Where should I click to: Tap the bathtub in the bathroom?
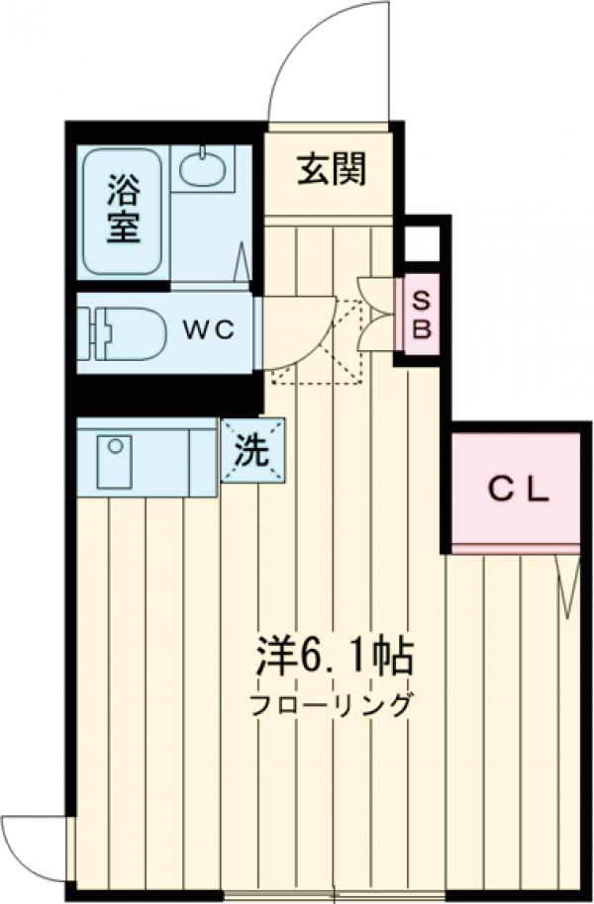[x=122, y=211]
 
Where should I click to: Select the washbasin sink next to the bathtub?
[x=206, y=168]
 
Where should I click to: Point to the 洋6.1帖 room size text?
[x=333, y=655]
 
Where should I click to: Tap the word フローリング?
[x=330, y=706]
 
